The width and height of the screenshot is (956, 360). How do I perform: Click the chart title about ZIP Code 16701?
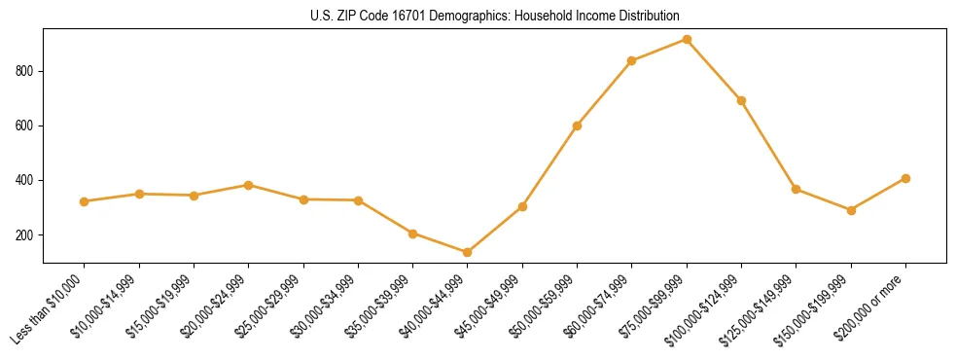click(495, 16)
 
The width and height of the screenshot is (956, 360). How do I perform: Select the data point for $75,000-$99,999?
click(687, 40)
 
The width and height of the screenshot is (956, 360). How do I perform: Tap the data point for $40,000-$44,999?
click(468, 252)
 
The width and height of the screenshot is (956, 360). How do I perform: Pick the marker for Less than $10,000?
click(85, 201)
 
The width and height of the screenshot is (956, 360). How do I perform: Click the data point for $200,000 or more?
click(905, 178)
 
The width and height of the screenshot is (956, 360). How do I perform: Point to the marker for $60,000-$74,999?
click(632, 60)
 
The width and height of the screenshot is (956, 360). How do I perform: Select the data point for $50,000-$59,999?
click(578, 126)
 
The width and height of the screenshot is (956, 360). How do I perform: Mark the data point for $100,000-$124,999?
click(741, 100)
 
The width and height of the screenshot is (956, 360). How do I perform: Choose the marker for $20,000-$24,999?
click(249, 185)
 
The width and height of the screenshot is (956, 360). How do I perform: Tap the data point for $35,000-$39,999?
click(413, 234)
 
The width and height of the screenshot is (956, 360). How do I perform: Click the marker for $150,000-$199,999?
click(851, 210)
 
